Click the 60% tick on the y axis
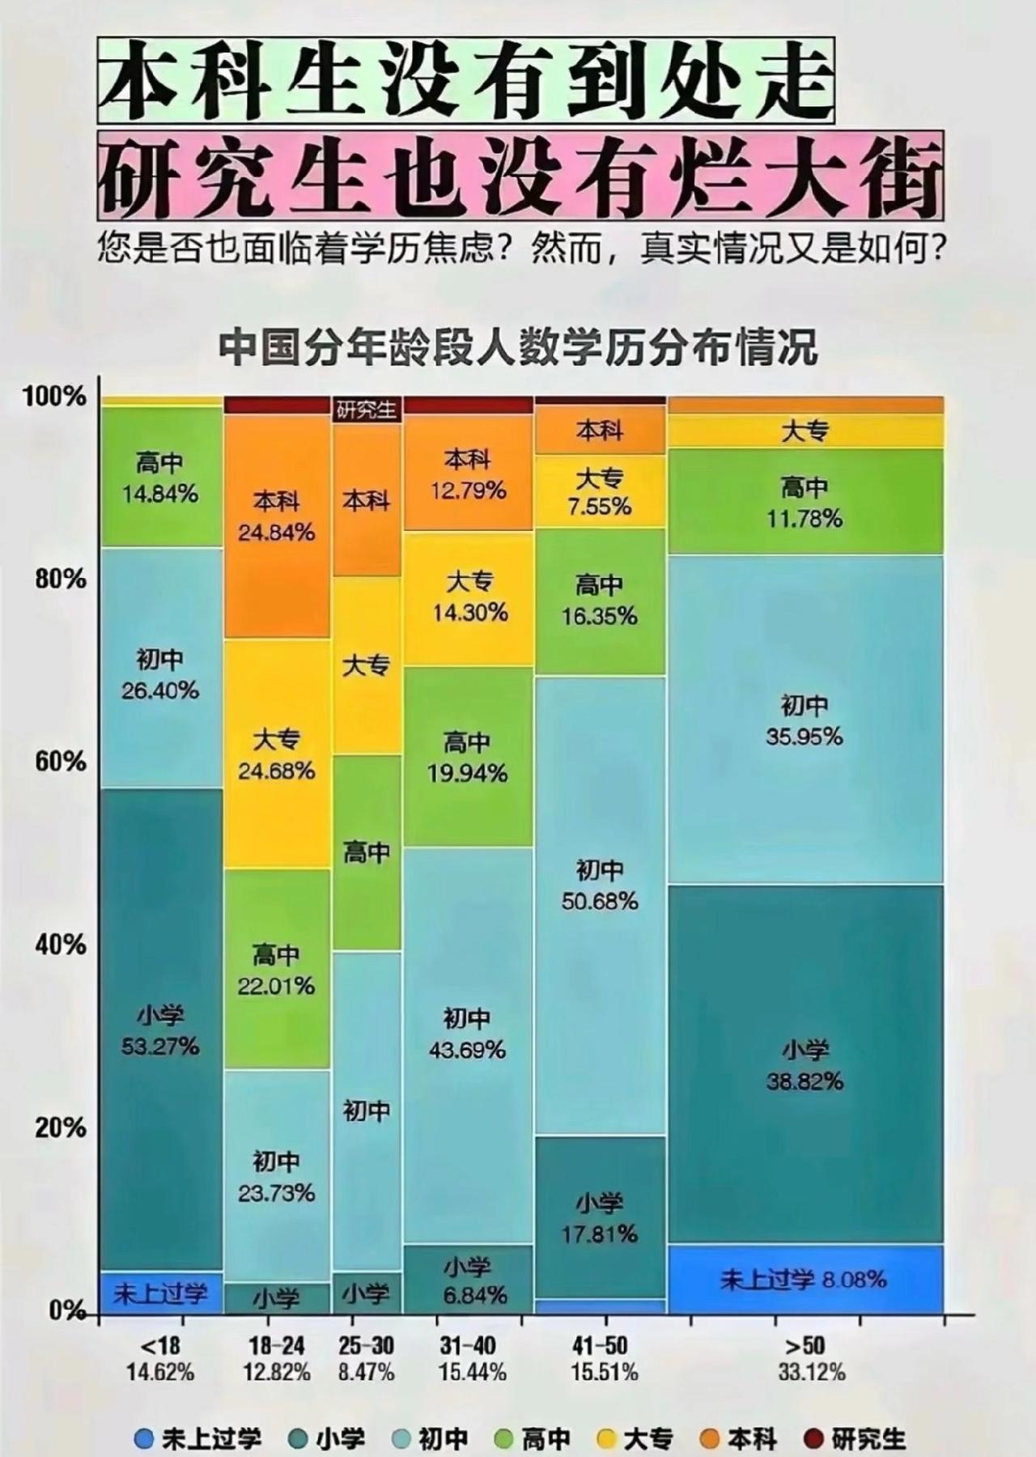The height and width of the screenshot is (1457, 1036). (x=62, y=762)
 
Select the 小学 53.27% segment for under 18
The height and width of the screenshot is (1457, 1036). (x=160, y=1030)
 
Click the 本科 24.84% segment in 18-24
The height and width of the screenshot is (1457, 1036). (x=276, y=517)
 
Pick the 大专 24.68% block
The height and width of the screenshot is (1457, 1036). (x=276, y=754)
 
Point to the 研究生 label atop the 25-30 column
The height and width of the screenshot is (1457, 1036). (x=367, y=410)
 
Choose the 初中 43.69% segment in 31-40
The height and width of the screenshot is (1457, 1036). (x=467, y=1034)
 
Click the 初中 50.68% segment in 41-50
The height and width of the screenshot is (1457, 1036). (x=600, y=886)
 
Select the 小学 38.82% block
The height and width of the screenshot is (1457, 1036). (x=805, y=1065)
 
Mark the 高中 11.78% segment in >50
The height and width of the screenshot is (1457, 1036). (x=805, y=502)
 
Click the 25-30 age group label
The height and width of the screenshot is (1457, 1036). (x=367, y=1345)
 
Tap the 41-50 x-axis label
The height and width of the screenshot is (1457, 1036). (x=599, y=1345)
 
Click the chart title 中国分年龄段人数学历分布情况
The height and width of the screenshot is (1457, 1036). (x=518, y=347)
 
